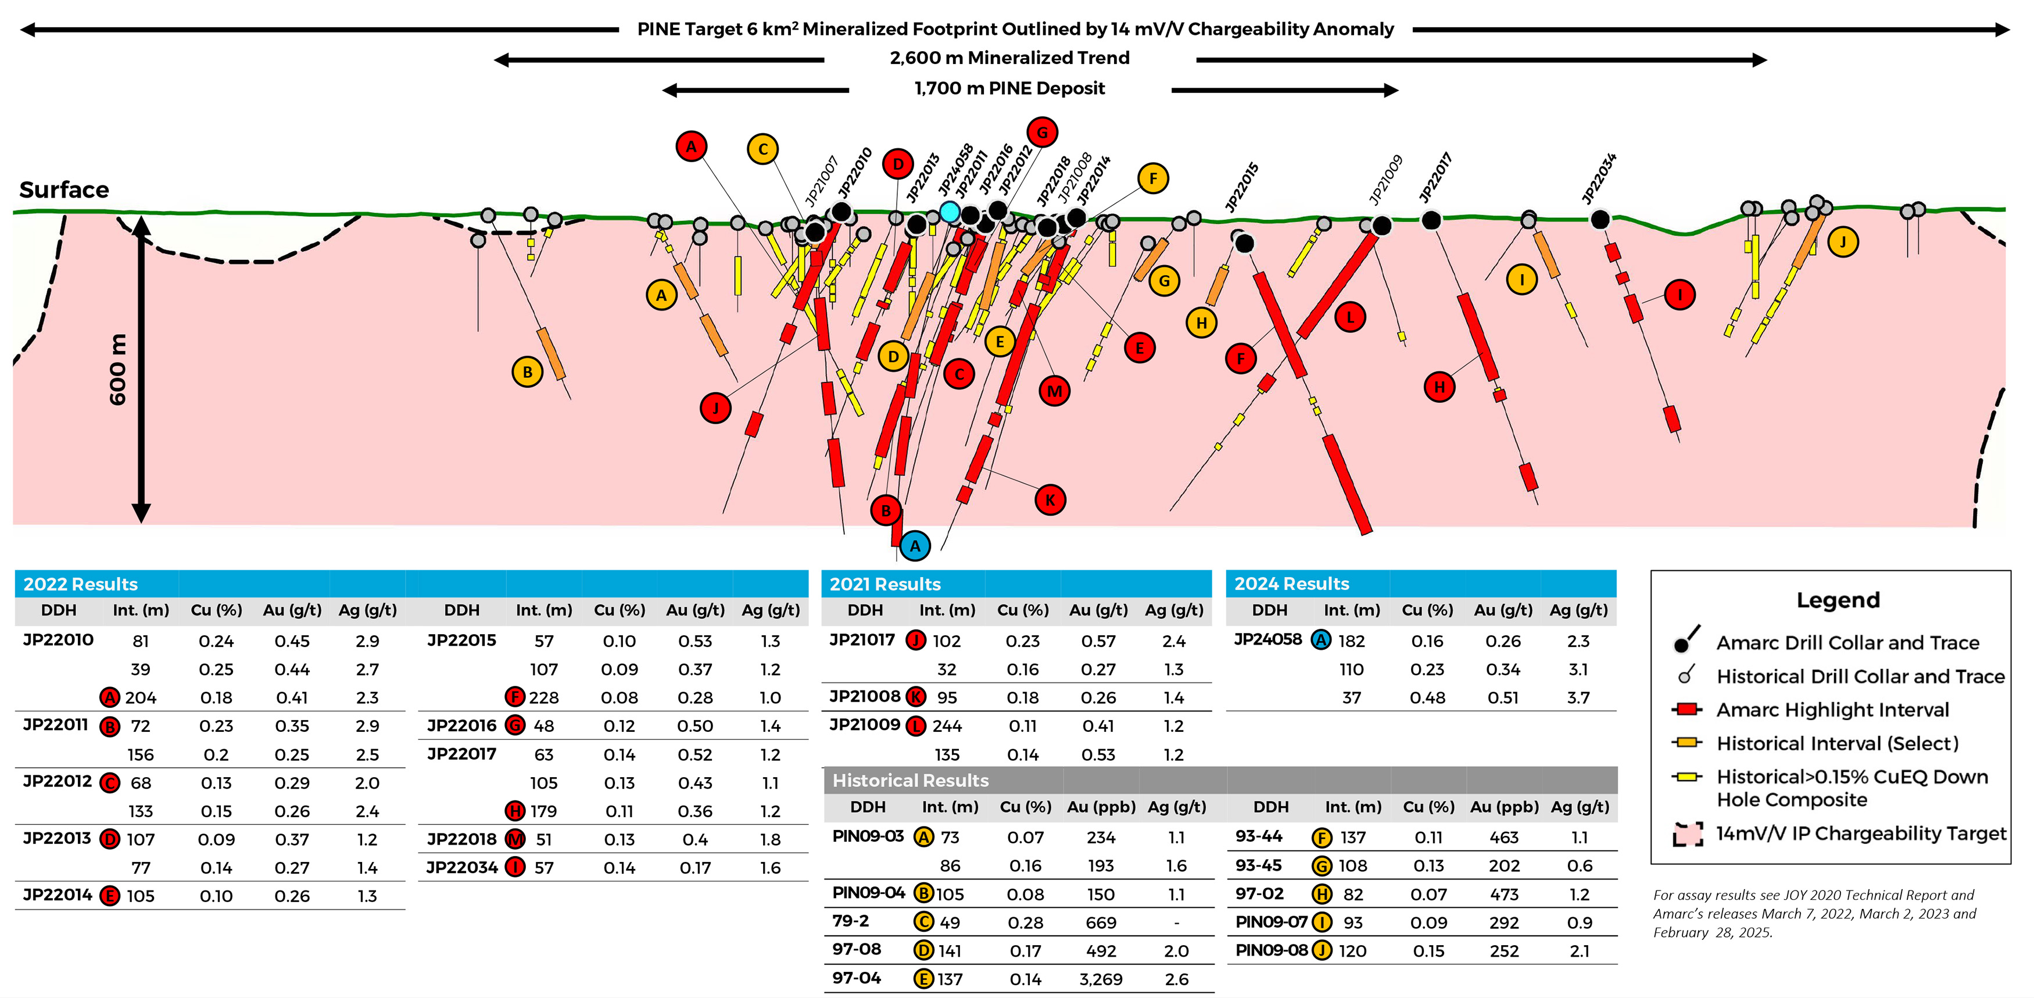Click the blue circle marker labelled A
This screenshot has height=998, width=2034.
pos(914,546)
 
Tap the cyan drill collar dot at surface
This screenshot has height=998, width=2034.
pos(950,212)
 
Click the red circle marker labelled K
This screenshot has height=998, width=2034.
pos(1050,500)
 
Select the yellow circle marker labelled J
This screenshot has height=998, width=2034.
pos(1843,242)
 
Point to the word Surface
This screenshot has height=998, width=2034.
pos(64,190)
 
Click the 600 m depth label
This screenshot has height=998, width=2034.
pos(117,370)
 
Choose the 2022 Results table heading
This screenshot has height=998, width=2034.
pos(81,584)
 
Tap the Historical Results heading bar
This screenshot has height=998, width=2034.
pos(911,780)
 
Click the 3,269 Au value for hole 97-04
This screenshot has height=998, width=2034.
pos(1101,979)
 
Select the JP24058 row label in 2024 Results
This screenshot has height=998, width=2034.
pos(1267,639)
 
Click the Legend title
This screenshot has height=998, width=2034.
pos(1838,600)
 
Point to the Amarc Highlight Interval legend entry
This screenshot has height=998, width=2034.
pos(1832,710)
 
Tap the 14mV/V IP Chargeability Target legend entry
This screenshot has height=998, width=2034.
pos(1860,834)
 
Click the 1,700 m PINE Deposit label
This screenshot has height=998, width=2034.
pos(1009,88)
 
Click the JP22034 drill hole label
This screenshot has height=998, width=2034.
pos(1599,178)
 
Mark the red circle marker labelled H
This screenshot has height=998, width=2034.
pos(1439,387)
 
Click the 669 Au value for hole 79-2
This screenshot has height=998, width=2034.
pos(1101,922)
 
